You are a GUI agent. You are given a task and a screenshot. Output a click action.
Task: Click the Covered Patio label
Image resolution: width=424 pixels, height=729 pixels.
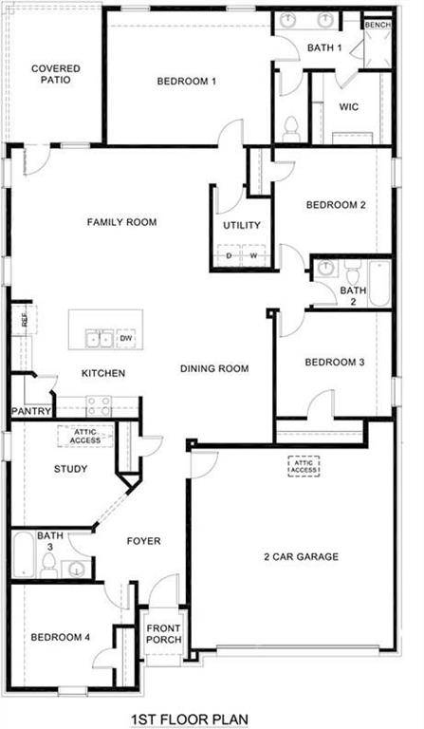coord(55,74)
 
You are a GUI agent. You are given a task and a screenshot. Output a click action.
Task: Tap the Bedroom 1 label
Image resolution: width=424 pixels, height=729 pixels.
coord(187,81)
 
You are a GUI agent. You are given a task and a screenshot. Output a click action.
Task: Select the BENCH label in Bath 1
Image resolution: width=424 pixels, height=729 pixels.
coord(378,25)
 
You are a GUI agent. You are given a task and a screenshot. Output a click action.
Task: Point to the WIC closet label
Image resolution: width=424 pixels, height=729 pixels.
coord(349,106)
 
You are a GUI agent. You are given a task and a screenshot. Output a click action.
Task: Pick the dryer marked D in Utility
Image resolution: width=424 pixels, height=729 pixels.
coord(230,256)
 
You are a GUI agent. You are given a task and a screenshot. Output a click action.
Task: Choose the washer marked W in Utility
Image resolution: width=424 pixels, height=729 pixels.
coord(253,256)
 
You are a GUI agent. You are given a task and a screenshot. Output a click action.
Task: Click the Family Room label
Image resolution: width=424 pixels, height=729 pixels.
coord(121,222)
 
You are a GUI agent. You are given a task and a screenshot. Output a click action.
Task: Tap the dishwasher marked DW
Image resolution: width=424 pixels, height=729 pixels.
coord(126,338)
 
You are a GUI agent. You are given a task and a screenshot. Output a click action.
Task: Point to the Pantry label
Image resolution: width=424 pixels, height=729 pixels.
coord(29,411)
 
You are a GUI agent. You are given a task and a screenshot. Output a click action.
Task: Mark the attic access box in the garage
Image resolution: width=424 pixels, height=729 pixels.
coord(304,466)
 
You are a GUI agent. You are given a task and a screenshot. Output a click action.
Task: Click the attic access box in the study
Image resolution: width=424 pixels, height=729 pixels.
coord(86,436)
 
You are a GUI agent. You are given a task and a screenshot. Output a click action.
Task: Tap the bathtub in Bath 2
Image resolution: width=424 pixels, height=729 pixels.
coord(379,283)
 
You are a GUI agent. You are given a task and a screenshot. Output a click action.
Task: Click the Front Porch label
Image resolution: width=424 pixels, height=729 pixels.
coord(163,633)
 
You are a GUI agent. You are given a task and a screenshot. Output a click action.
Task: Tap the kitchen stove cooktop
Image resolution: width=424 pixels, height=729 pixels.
coord(99,406)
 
